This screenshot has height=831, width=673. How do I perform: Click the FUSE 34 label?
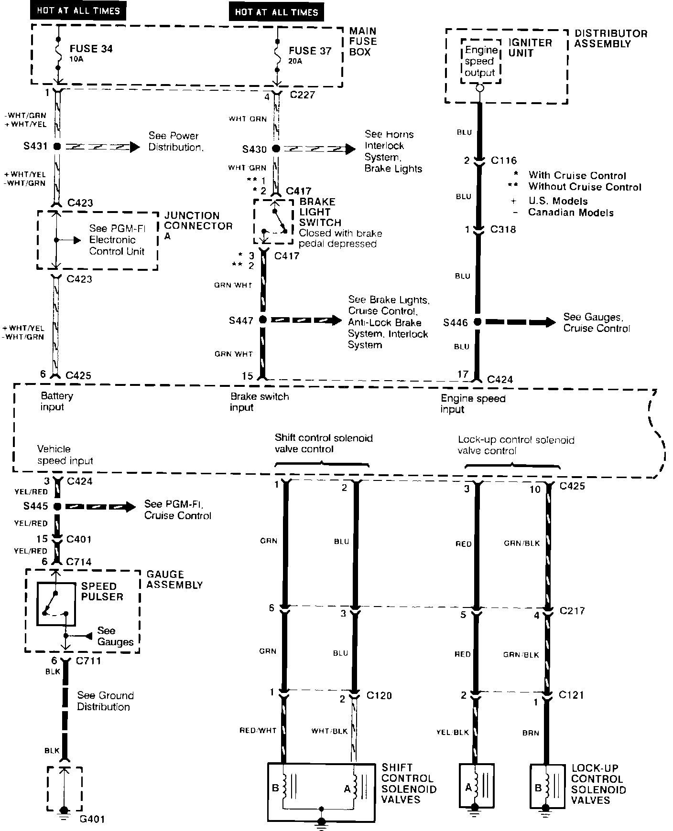[91, 49]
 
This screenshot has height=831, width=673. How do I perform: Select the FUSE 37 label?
[310, 51]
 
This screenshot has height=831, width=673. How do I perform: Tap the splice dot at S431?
[57, 147]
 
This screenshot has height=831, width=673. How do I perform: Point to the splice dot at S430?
[276, 149]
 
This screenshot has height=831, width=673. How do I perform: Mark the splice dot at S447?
[262, 320]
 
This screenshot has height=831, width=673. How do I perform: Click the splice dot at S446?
[477, 322]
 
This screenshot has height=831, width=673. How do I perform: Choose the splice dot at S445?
[57, 506]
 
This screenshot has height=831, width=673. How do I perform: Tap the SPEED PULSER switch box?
[56, 605]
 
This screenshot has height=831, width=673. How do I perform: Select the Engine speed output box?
[480, 62]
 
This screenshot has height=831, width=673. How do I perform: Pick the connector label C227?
[303, 95]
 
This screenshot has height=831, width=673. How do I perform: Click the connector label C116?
[504, 160]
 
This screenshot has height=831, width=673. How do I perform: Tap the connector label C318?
[503, 230]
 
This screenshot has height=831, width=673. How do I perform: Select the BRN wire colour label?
[531, 733]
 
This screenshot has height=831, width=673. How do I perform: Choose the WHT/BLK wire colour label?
[329, 731]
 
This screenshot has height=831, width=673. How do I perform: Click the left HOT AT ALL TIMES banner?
[78, 11]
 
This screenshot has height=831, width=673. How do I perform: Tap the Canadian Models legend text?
[571, 213]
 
